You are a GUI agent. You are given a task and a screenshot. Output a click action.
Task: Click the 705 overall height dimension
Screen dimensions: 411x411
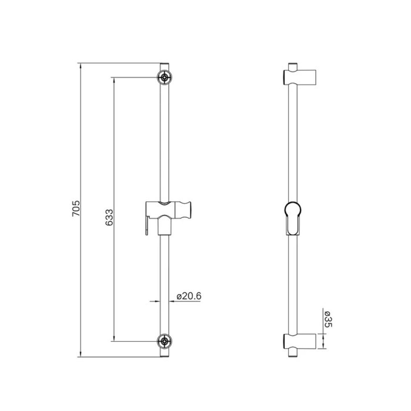(x=76, y=210)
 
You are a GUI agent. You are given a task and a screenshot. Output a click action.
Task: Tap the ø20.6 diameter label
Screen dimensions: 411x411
(x=189, y=296)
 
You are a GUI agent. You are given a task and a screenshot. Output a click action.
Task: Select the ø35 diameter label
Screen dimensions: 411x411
(x=328, y=319)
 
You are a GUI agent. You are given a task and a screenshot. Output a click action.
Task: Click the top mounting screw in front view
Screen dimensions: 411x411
(x=164, y=77)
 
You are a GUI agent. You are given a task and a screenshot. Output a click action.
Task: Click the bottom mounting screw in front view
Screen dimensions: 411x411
(x=164, y=341)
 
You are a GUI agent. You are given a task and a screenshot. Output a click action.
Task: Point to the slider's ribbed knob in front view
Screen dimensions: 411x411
(x=187, y=209)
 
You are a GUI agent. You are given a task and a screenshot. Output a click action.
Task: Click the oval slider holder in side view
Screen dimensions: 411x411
(x=293, y=218)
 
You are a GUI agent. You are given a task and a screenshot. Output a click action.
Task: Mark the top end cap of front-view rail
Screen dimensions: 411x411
(x=164, y=67)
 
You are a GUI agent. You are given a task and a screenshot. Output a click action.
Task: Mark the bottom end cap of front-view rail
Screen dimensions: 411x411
(x=164, y=353)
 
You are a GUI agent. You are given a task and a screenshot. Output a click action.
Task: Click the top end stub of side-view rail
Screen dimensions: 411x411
(x=293, y=66)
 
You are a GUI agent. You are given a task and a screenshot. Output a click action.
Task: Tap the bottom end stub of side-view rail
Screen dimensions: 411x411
(x=293, y=353)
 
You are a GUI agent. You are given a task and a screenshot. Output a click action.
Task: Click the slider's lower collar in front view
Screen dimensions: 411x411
(x=164, y=226)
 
